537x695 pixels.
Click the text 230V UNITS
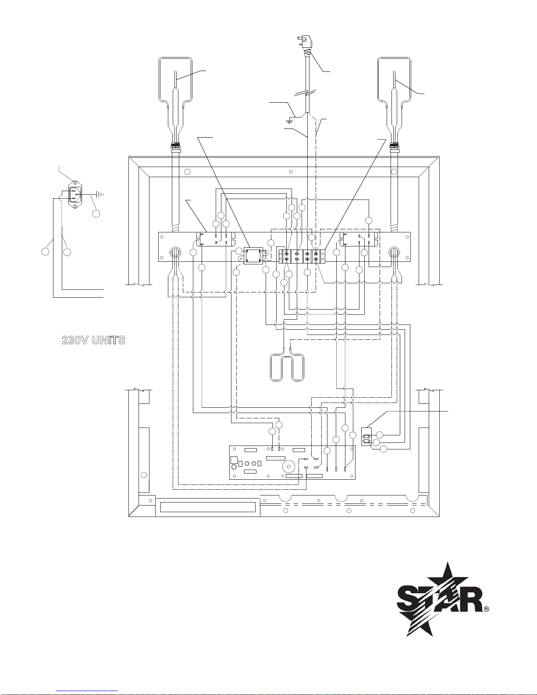[x=93, y=340]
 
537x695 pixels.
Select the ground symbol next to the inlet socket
[x=100, y=194]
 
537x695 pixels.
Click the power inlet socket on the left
[x=75, y=194]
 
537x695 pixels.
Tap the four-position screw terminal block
[x=302, y=256]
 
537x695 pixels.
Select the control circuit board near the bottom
[x=292, y=463]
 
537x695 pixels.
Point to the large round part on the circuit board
[x=288, y=467]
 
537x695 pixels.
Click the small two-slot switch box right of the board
[x=366, y=437]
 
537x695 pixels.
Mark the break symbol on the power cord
[x=307, y=93]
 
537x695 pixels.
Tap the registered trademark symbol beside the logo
[x=487, y=609]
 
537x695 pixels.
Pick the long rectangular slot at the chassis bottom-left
[x=208, y=507]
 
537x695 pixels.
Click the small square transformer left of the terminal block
[x=253, y=256]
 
